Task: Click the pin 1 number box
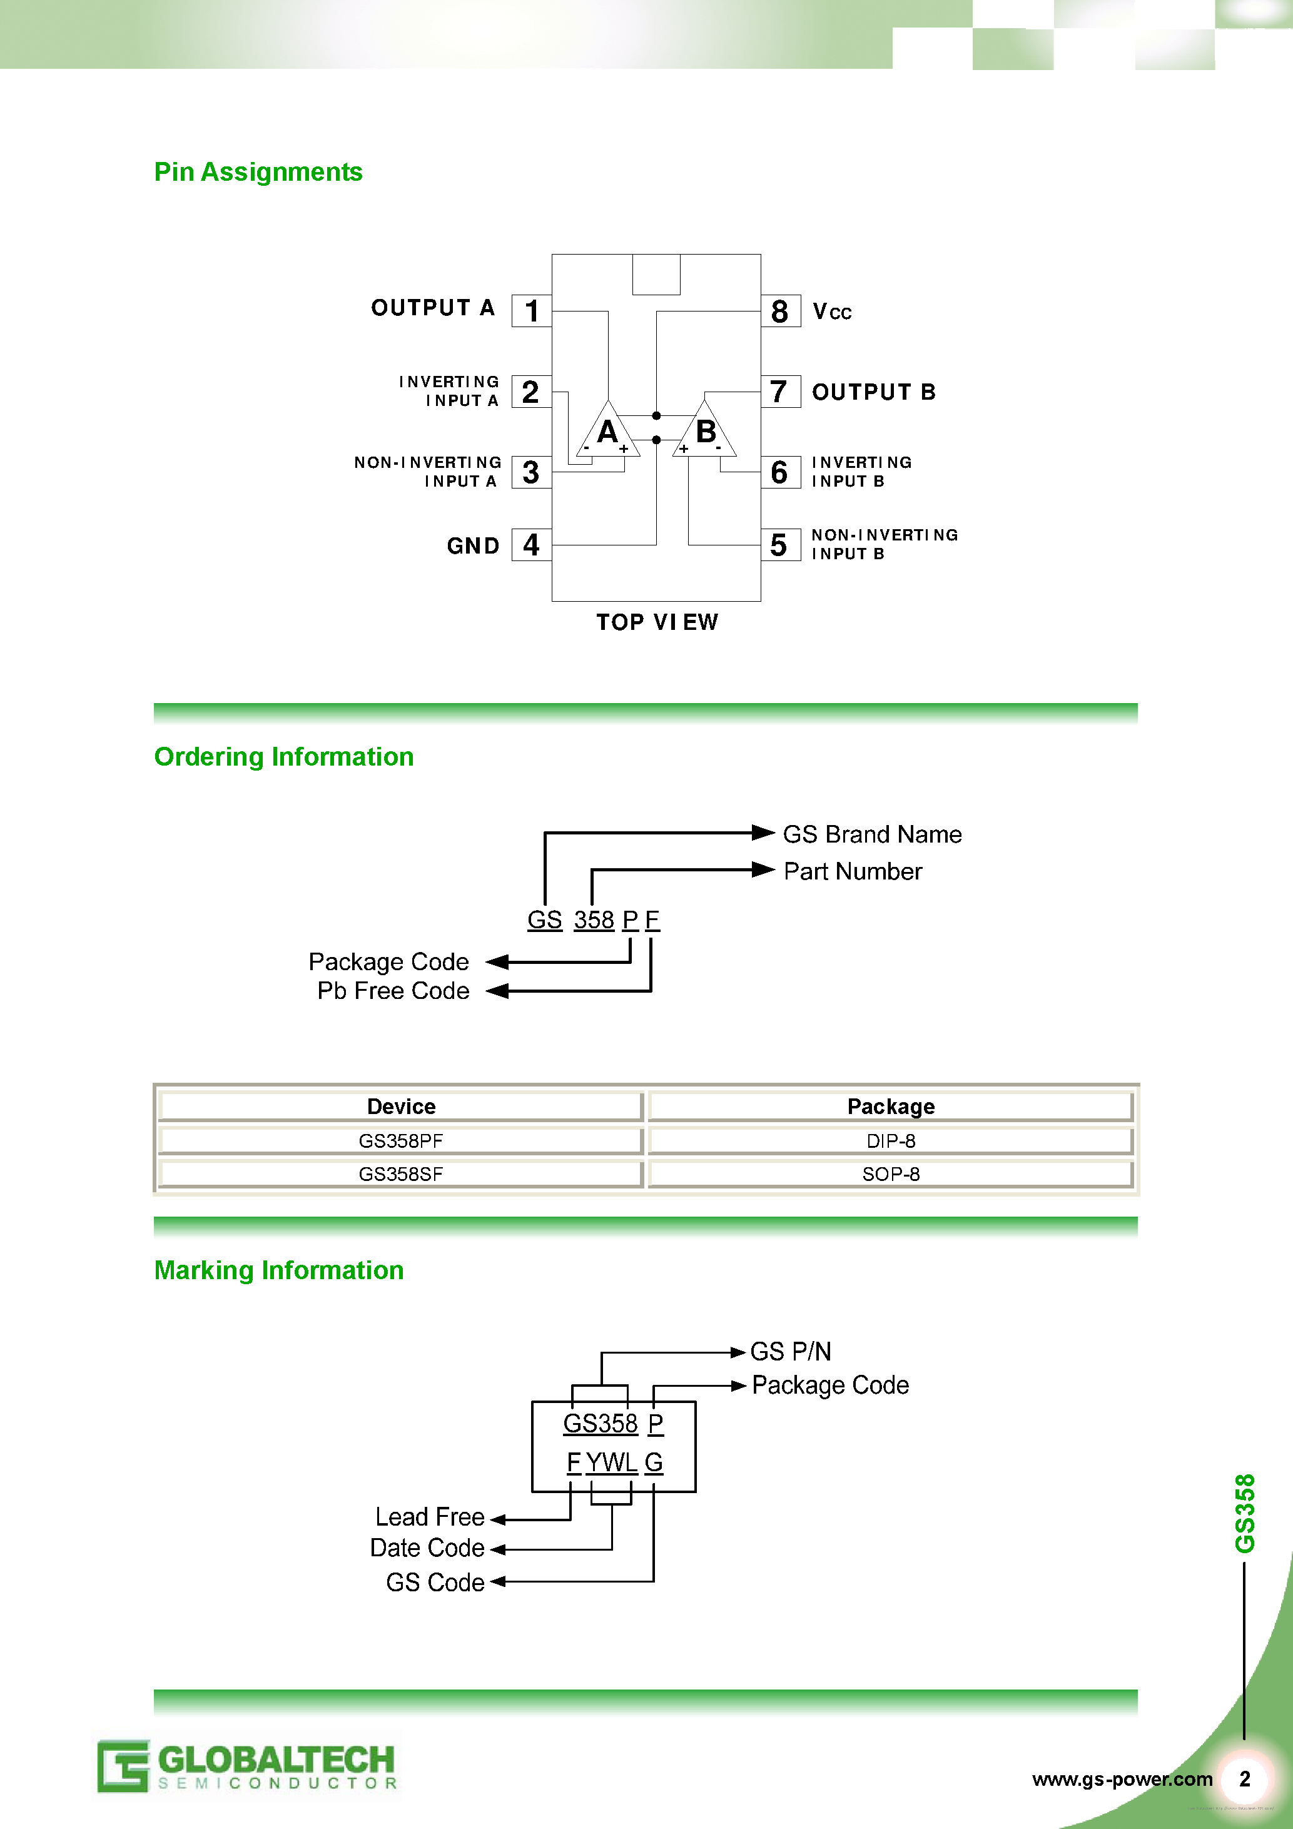coord(531,311)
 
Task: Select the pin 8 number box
coord(780,312)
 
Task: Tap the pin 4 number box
coord(531,545)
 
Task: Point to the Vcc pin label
coord(832,312)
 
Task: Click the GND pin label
coord(472,545)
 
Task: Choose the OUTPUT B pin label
coord(873,392)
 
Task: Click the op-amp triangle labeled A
coord(608,434)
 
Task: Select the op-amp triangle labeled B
coord(705,434)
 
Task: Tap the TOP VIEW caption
coord(657,622)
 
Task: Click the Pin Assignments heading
coord(258,172)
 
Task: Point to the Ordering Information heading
coord(283,757)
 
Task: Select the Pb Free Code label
coord(393,991)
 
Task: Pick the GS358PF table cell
coord(401,1141)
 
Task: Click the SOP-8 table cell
coord(891,1174)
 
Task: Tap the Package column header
coord(891,1107)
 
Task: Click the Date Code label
coord(427,1548)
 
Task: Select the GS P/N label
coord(790,1351)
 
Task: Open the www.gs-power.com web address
coord(1122,1780)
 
